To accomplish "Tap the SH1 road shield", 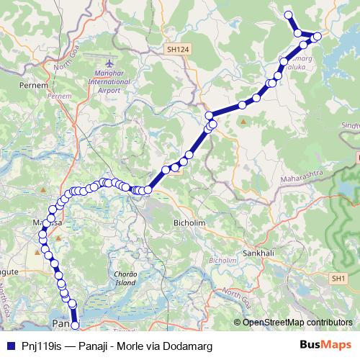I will click(x=339, y=277).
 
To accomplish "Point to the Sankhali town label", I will click(x=258, y=254).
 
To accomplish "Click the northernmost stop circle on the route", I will click(x=288, y=15).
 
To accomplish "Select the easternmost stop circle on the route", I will click(x=317, y=35).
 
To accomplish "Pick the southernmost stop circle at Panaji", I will click(x=74, y=327).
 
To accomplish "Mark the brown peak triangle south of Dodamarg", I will click(x=243, y=120).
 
